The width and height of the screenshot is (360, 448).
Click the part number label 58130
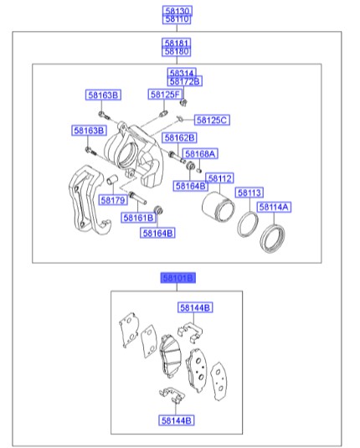(x=177, y=9)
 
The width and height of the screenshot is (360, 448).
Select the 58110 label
(x=177, y=18)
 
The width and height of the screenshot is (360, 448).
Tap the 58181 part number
(x=177, y=41)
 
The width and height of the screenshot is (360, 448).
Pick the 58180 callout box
(x=177, y=50)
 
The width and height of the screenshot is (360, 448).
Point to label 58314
(x=184, y=72)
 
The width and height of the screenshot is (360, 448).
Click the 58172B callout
(x=184, y=81)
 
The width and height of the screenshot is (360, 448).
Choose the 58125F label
(x=166, y=95)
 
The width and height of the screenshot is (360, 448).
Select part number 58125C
(x=212, y=120)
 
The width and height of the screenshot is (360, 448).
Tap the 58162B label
(x=179, y=136)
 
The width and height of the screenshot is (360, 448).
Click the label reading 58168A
(x=201, y=153)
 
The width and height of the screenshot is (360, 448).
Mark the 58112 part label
(x=220, y=178)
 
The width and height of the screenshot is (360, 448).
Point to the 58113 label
(x=249, y=193)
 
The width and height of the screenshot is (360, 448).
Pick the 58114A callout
(x=275, y=206)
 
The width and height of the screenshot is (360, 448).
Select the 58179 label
(x=112, y=200)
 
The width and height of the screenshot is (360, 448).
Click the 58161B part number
(x=138, y=217)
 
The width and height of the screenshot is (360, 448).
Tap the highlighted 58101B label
(x=177, y=276)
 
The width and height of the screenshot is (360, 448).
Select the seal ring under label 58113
(x=246, y=224)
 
